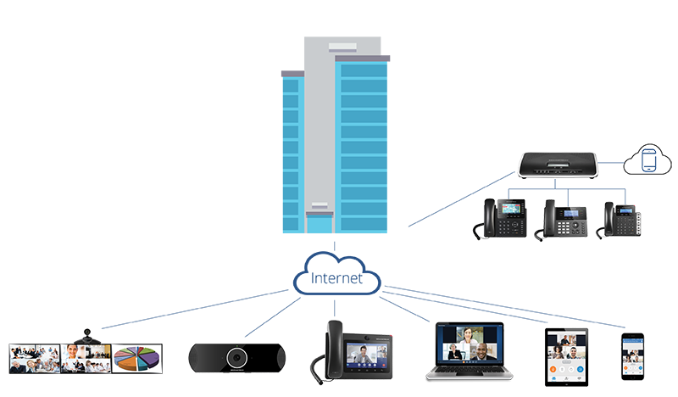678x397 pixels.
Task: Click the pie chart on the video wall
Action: (x=136, y=359)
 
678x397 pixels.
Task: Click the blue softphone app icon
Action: (x=648, y=162)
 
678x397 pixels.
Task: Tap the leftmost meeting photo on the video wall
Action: (x=34, y=359)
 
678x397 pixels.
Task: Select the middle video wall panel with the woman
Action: (x=85, y=359)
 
